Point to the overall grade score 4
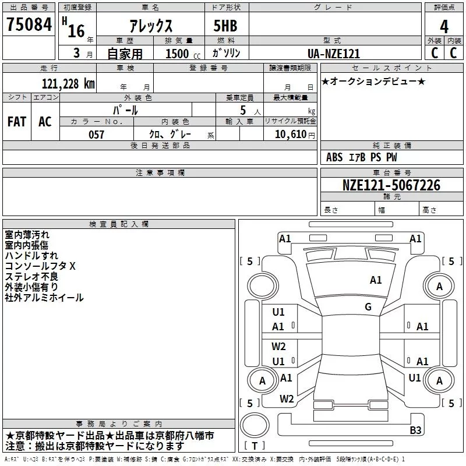[x=444, y=27]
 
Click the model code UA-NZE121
[x=334, y=54]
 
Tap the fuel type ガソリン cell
[x=226, y=53]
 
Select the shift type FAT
[x=16, y=122]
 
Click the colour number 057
[x=96, y=135]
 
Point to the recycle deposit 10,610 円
[x=291, y=135]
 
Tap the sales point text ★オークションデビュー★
[x=373, y=81]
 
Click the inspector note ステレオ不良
[x=31, y=277]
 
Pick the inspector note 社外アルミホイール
[x=44, y=298]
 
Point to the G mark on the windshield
[x=368, y=306]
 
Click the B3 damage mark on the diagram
[x=415, y=430]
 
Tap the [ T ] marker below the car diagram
[x=255, y=446]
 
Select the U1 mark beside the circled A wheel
[x=415, y=378]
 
